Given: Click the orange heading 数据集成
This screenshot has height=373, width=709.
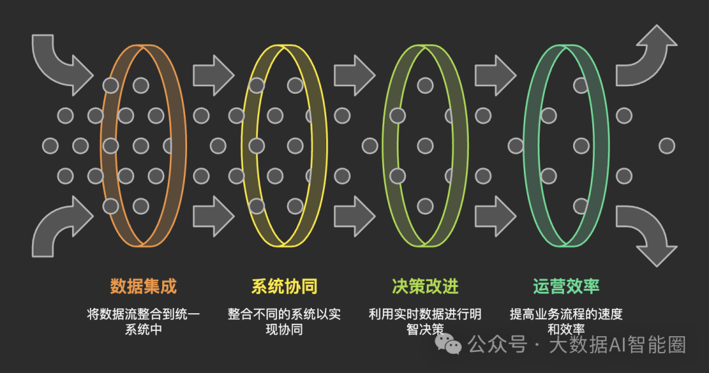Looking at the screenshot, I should click(143, 286).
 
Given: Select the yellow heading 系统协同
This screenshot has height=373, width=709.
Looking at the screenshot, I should click(284, 286).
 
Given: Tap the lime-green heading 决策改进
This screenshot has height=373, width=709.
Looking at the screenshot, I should click(425, 286).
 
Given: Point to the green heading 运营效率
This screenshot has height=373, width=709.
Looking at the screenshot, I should click(566, 286).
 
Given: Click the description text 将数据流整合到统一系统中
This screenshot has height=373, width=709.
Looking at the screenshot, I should click(143, 322).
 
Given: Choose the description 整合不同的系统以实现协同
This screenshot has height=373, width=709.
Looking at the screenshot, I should click(284, 322).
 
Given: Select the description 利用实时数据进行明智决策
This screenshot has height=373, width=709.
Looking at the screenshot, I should click(425, 322).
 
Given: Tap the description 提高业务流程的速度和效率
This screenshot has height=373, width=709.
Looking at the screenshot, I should click(566, 322).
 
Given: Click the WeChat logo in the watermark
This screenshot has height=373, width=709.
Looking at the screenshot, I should click(450, 342).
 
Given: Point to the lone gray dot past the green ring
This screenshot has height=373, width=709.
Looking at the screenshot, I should click(666, 146).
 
